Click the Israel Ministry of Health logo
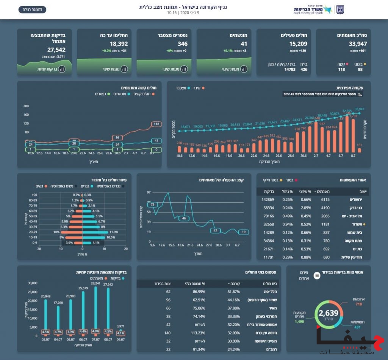pos(318,9)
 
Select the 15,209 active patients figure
pos(298,44)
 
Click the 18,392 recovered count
pos(119,44)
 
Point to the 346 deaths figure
pos(182,44)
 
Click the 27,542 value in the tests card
pos(56,50)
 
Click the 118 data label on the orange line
pos(156,124)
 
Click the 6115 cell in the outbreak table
pos(325,200)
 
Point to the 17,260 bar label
pos(58,303)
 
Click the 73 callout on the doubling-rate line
pos(153,204)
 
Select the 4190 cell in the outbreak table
pos(325,208)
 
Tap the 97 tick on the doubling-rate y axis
pos(149,193)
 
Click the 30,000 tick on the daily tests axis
pos(33,283)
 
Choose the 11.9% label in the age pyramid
pos(113,232)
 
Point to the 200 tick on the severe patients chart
pos(26,106)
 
